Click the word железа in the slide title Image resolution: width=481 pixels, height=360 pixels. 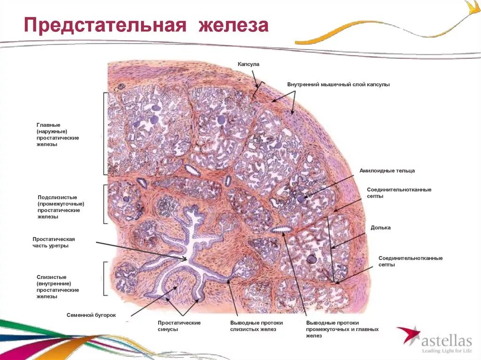click(233, 25)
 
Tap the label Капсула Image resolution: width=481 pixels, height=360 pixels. click(248, 64)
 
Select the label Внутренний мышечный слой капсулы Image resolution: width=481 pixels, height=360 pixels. click(339, 84)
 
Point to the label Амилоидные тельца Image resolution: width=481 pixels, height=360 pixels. click(387, 171)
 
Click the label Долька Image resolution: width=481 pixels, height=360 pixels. click(380, 228)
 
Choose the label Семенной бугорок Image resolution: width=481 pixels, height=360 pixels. click(91, 315)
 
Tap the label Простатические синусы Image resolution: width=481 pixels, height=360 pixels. click(179, 326)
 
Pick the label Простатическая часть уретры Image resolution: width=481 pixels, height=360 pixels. click(54, 242)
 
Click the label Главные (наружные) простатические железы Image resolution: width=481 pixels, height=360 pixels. click(58, 135)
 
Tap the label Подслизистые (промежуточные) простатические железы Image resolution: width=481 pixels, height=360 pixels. click(61, 207)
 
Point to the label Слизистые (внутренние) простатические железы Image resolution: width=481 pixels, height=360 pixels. click(58, 287)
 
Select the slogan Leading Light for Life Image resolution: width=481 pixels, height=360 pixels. click(446, 351)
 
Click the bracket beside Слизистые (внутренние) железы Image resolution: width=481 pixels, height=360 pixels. click(105, 278)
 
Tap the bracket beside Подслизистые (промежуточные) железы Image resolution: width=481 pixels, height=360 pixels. click(105, 204)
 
